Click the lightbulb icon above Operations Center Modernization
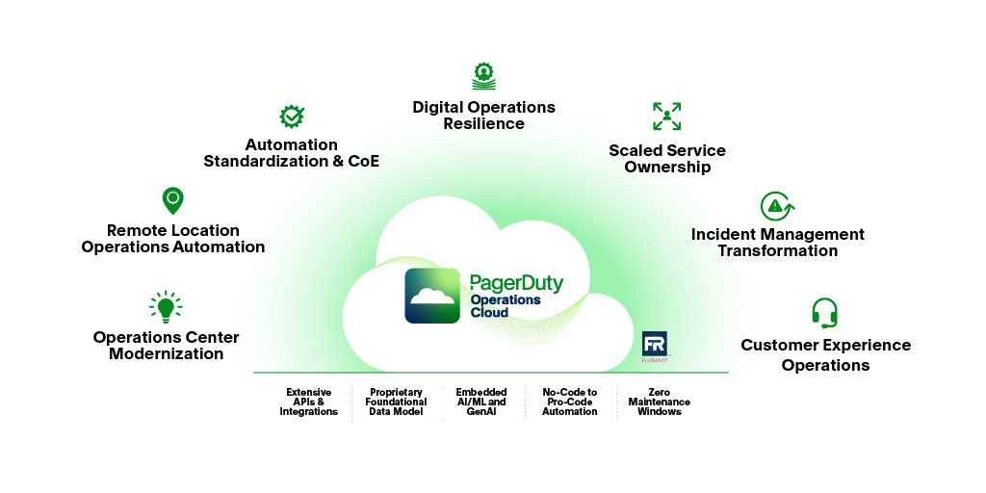point(166,307)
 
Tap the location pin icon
point(172,200)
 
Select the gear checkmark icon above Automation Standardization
point(292,117)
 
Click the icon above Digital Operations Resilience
point(483,76)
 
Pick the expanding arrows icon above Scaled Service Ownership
point(666,117)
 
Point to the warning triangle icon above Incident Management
point(776,206)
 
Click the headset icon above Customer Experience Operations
point(824,313)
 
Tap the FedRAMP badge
point(655,347)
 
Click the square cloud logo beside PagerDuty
point(432,296)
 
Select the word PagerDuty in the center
point(516,283)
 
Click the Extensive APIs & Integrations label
point(309,402)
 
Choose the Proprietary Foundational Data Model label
point(396,402)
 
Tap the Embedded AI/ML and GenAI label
point(481,402)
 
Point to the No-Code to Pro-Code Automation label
point(570,402)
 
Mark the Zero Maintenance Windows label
point(660,402)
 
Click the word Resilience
point(483,123)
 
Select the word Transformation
point(777,251)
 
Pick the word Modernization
point(166,354)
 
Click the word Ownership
point(667,168)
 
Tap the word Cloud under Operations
point(489,313)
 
